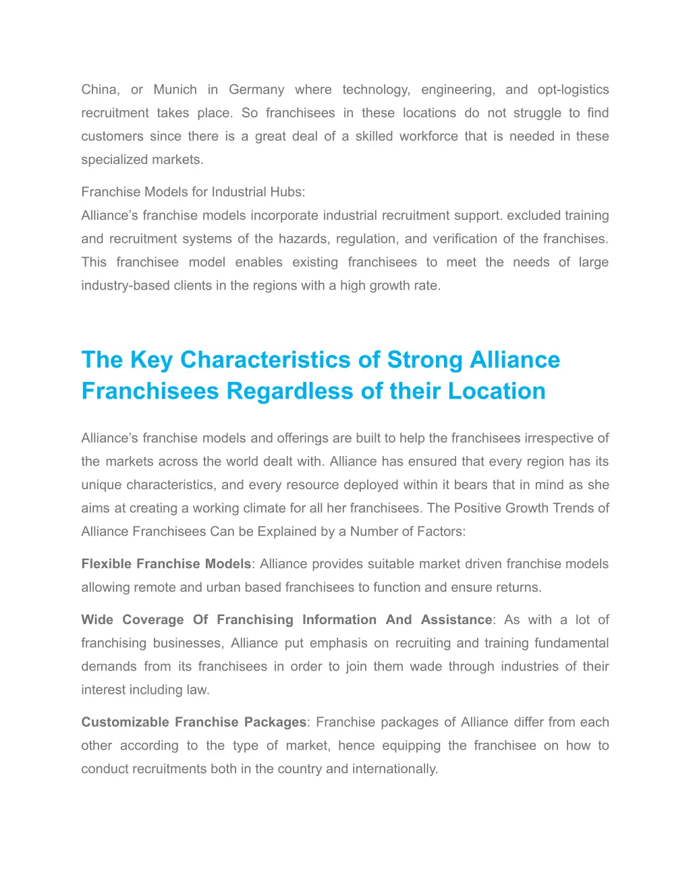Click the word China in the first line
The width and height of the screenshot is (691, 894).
tap(99, 90)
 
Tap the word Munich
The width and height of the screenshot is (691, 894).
tap(175, 90)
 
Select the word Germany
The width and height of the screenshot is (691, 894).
tap(256, 90)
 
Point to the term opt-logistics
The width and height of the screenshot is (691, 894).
tap(573, 90)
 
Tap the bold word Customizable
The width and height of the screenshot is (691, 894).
tap(126, 723)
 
